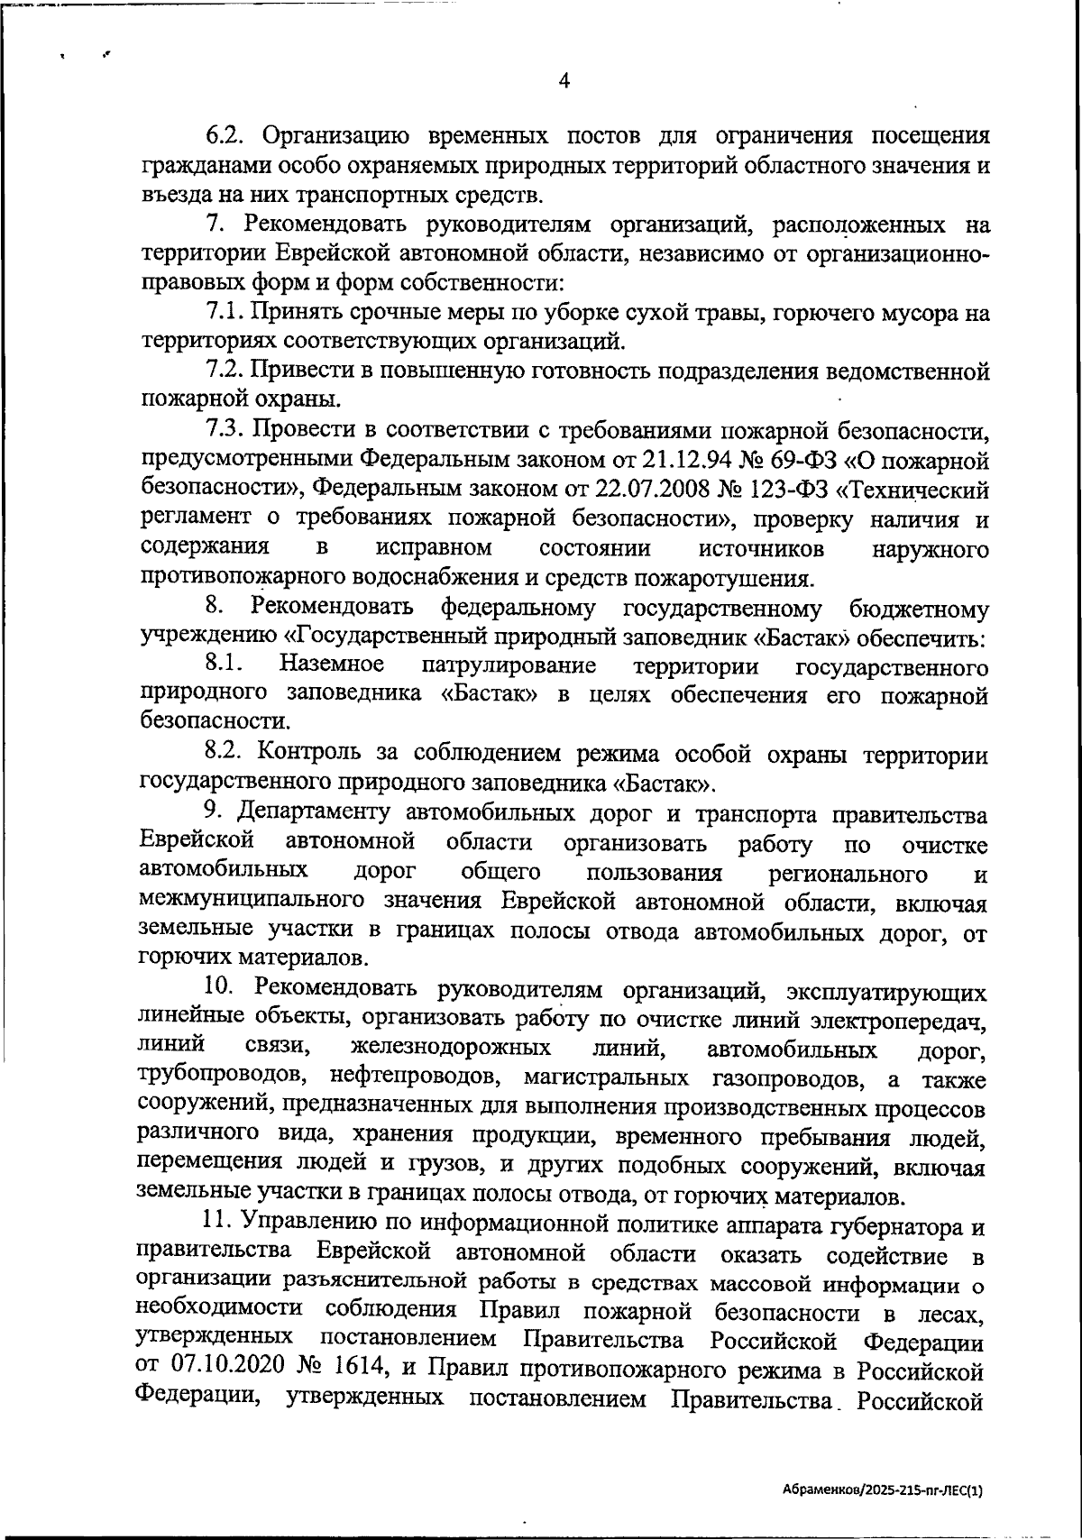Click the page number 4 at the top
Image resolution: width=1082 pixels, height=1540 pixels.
point(564,80)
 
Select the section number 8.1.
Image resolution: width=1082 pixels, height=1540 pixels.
point(225,665)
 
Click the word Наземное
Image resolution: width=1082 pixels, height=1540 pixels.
point(332,665)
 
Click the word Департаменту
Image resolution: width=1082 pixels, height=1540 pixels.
point(314,812)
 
